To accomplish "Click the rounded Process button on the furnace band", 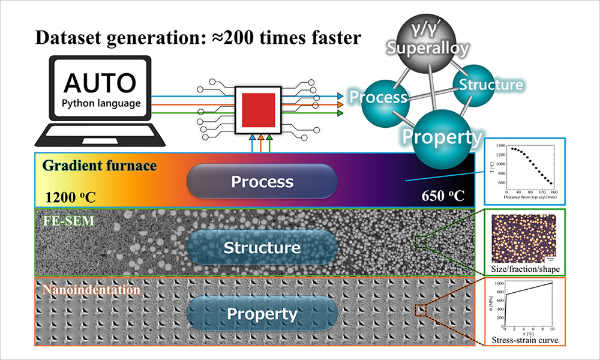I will (x=262, y=181).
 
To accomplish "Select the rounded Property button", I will (x=262, y=313).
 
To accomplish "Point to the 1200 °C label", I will (x=71, y=196).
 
